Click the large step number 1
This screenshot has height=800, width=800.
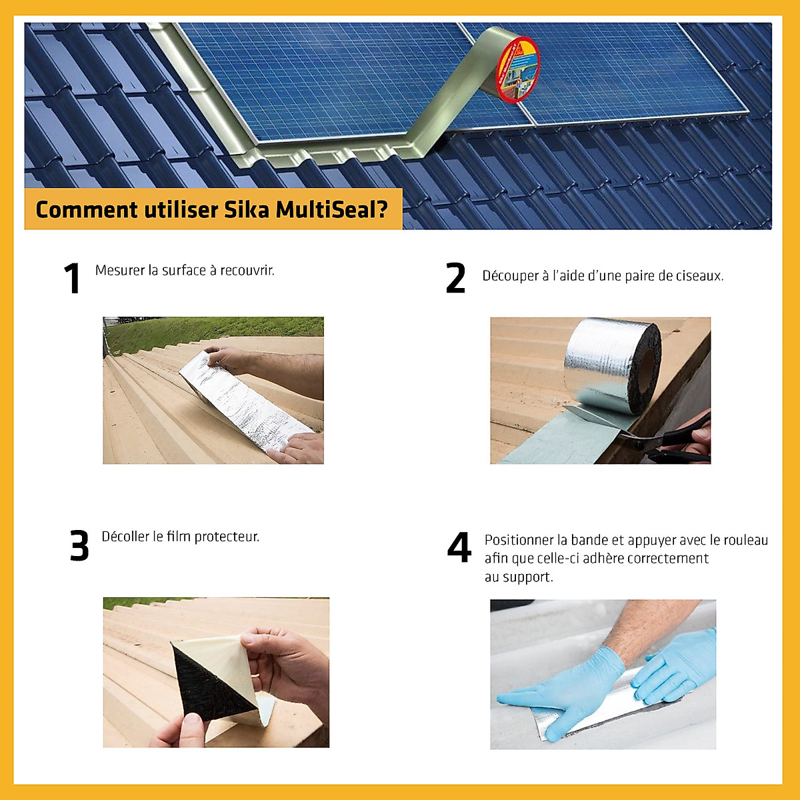(x=72, y=278)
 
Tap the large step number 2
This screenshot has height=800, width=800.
(x=455, y=278)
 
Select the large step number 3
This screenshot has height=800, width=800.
(x=79, y=545)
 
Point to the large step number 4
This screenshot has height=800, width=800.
(x=459, y=547)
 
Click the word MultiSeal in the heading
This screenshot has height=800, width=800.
(x=331, y=209)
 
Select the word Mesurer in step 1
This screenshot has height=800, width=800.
(x=120, y=271)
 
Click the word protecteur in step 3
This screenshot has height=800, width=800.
(x=227, y=537)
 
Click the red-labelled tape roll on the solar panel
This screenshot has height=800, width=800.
(x=517, y=69)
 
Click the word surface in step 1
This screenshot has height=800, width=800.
(x=184, y=271)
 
